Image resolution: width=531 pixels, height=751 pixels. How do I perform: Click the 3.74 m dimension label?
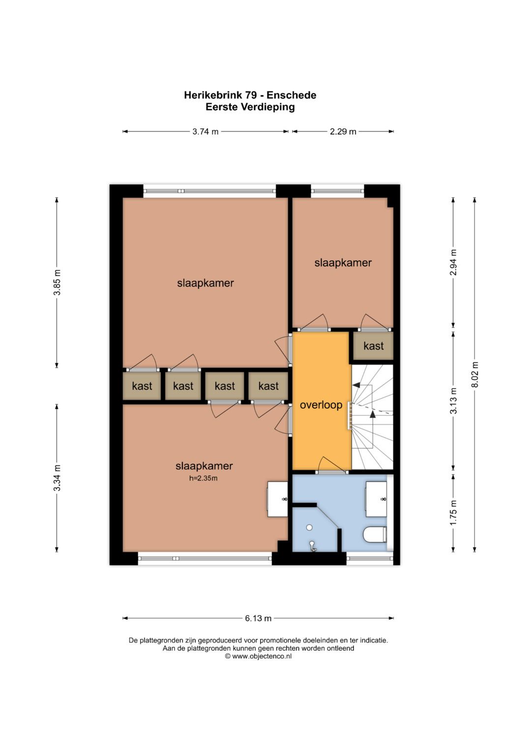coord(205,132)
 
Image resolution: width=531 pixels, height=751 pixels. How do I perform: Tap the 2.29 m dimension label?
coord(343,132)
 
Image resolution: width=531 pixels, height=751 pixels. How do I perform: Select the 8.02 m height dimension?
coord(474,375)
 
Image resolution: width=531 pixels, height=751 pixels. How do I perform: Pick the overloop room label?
coord(321,405)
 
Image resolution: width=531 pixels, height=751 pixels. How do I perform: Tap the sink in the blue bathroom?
coord(376,499)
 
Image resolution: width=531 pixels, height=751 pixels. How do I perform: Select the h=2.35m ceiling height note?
coord(203,479)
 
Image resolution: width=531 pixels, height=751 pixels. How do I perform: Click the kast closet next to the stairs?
coord(373,346)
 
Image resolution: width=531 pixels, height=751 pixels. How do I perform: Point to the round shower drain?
coord(309,527)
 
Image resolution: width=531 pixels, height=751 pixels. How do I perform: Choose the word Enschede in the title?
coord(291,95)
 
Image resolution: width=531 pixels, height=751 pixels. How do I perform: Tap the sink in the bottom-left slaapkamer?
coord(278,499)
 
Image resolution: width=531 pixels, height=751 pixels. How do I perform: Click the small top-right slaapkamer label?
coord(343,263)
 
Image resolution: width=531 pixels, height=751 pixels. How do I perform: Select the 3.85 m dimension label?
coord(58,282)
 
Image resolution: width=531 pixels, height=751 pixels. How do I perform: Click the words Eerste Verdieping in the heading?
coord(250,107)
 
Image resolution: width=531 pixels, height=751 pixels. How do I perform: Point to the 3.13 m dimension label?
coord(453,401)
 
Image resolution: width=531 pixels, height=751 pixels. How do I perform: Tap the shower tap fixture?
coord(313,545)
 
